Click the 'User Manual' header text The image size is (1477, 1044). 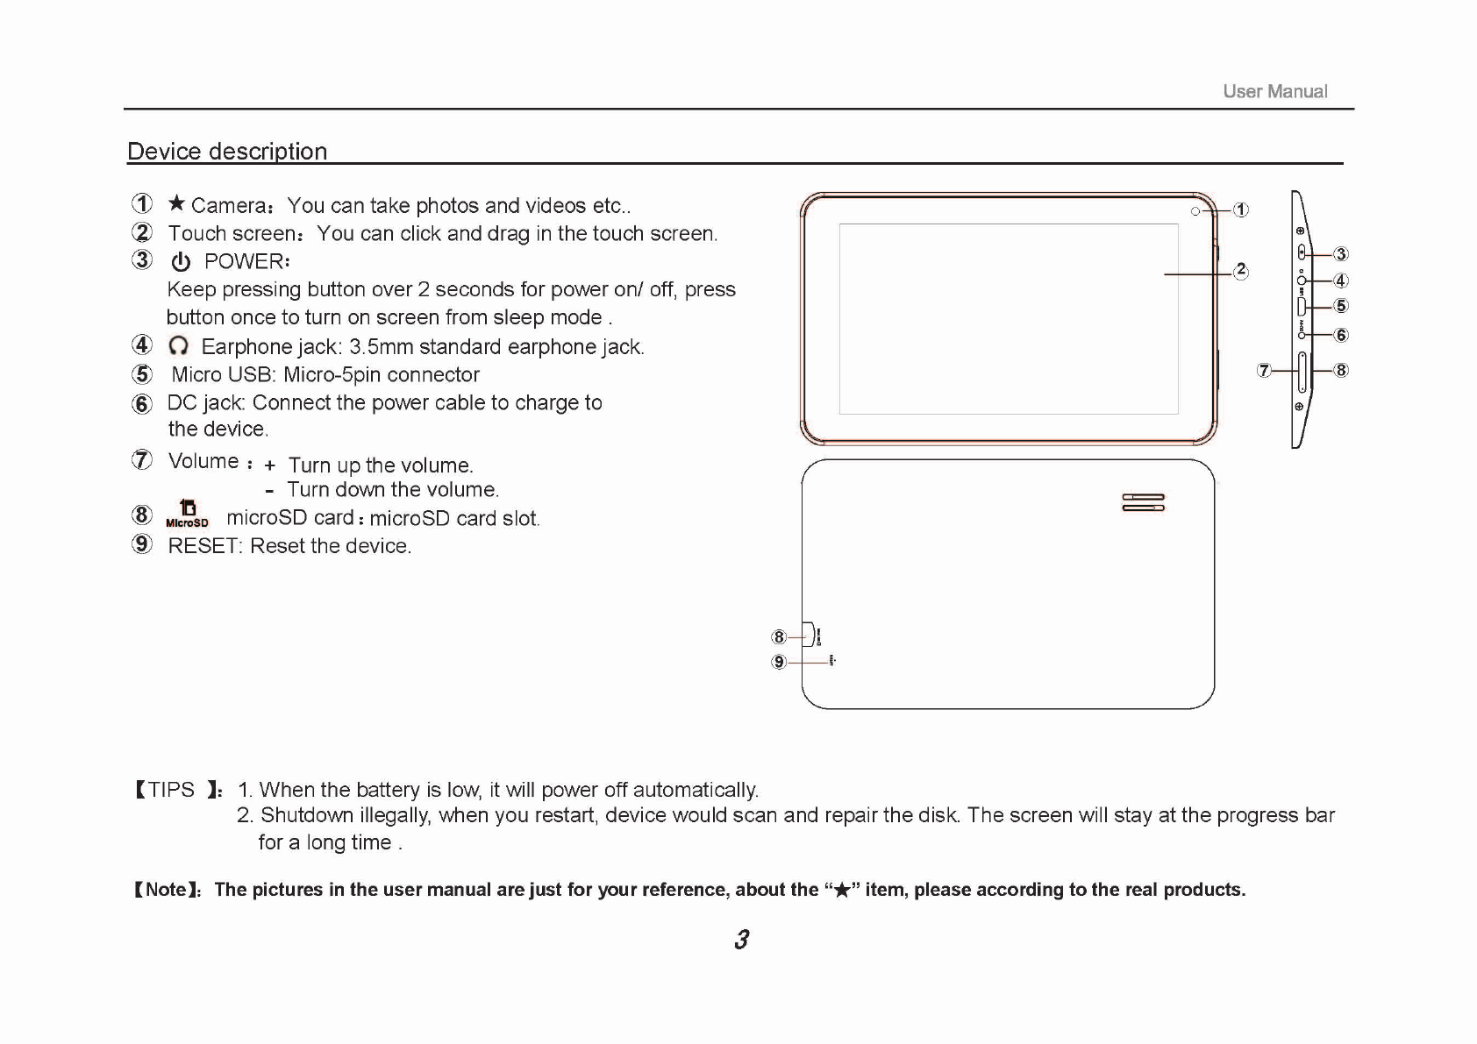(x=1274, y=91)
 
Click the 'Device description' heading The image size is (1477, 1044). (x=227, y=152)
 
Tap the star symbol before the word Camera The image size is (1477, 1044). (x=176, y=204)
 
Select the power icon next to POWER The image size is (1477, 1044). (x=181, y=262)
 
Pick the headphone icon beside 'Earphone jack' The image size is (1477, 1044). (x=179, y=346)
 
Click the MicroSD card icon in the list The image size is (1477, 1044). (x=187, y=514)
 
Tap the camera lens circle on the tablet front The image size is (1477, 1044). (x=1195, y=211)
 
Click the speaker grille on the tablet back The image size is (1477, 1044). (x=1143, y=502)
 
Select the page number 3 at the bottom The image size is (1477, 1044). (x=741, y=940)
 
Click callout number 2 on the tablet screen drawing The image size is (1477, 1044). (x=1240, y=271)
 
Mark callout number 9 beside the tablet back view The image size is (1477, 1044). (x=779, y=662)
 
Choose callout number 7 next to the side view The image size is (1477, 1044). (x=1264, y=371)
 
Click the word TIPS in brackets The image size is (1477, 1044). (x=171, y=790)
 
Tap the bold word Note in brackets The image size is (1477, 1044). (x=166, y=890)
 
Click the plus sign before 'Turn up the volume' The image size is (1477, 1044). (x=270, y=466)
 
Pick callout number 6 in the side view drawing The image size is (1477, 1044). (x=1340, y=335)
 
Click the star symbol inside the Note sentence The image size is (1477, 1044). (x=841, y=891)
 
